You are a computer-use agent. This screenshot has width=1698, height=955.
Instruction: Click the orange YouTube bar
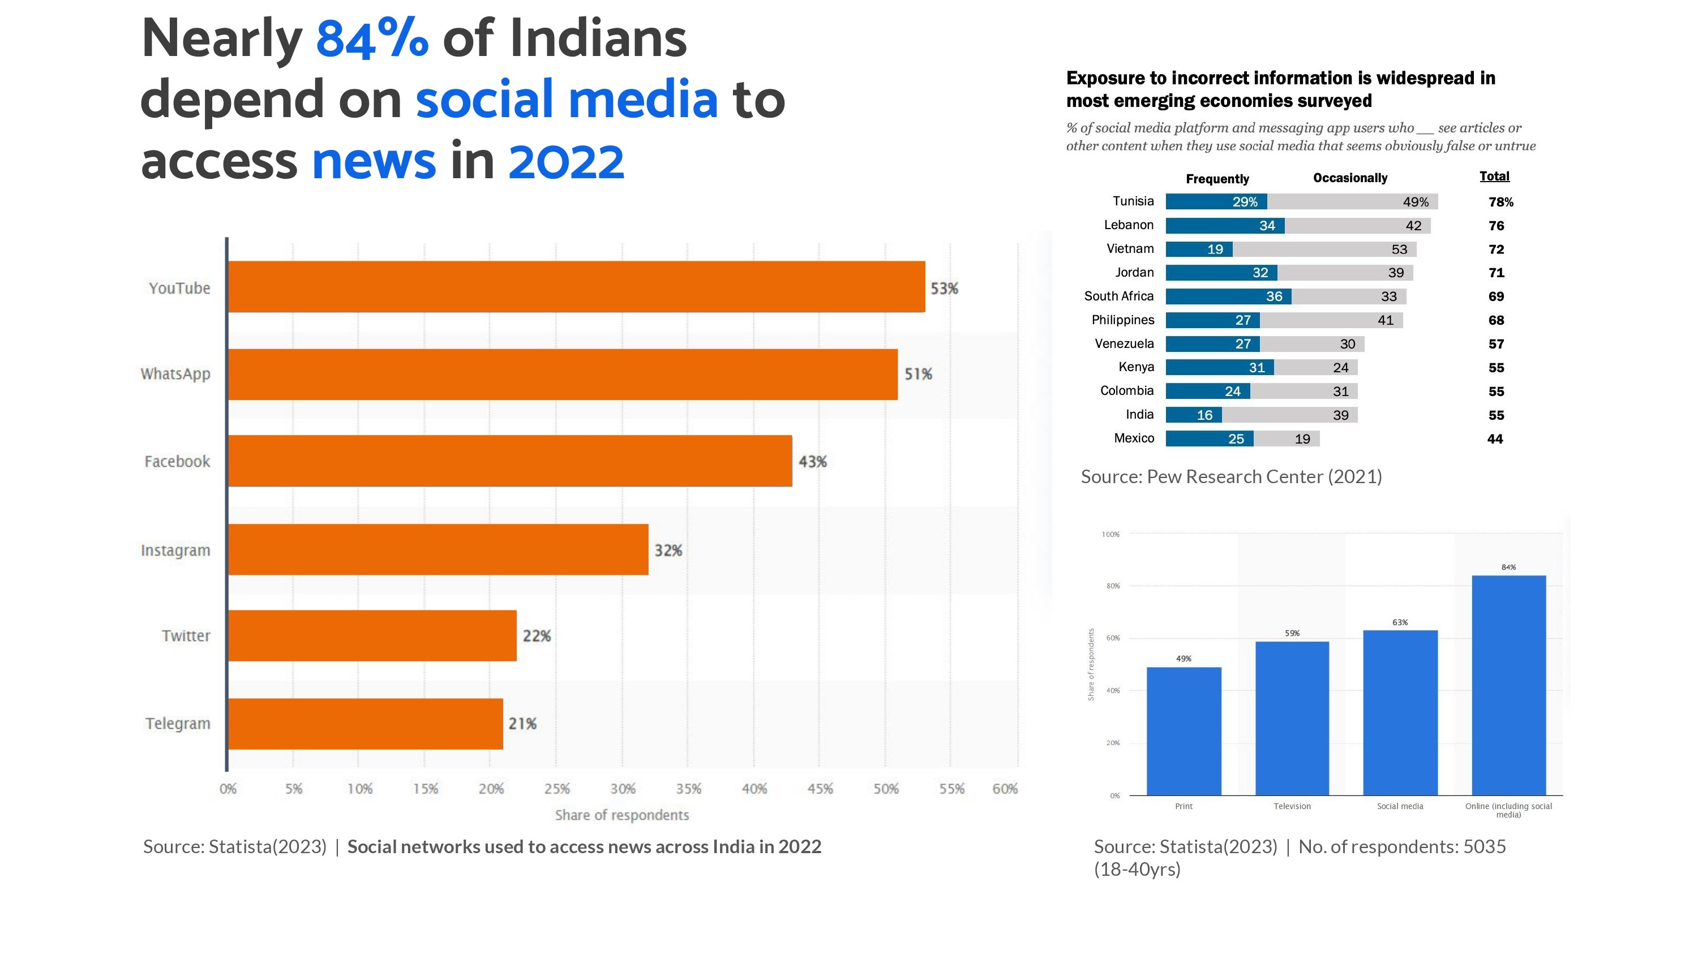(577, 287)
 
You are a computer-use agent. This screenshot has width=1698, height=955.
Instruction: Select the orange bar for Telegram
(366, 724)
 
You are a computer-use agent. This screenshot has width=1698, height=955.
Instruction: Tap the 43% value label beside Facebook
(813, 461)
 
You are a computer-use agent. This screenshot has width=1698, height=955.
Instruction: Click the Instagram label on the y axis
(175, 550)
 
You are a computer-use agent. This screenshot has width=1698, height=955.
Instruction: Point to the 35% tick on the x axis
(688, 789)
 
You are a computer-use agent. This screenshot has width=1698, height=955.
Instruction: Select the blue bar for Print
(1184, 732)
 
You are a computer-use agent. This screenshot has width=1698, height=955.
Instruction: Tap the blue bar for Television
(1292, 719)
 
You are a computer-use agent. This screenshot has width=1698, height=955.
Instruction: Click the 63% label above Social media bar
(1400, 622)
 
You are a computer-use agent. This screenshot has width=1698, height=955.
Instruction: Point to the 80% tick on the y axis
(1113, 586)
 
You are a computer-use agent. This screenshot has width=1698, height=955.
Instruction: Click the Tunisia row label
(1133, 201)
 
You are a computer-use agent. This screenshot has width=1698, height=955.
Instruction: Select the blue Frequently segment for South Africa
(1229, 296)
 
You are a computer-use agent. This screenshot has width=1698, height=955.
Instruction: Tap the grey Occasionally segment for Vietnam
(1325, 249)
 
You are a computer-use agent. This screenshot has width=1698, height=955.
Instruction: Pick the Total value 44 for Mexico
(1495, 439)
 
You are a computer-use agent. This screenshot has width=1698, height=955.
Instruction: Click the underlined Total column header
(1494, 176)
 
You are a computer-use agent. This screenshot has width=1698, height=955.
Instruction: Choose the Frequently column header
(1217, 179)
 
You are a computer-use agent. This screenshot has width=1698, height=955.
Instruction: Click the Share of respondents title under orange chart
(621, 815)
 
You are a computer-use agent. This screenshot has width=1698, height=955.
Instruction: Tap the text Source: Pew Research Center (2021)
(1231, 476)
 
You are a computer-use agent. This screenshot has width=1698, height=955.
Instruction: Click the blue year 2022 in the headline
(566, 161)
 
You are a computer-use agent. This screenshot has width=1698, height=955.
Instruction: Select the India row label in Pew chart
(1140, 415)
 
